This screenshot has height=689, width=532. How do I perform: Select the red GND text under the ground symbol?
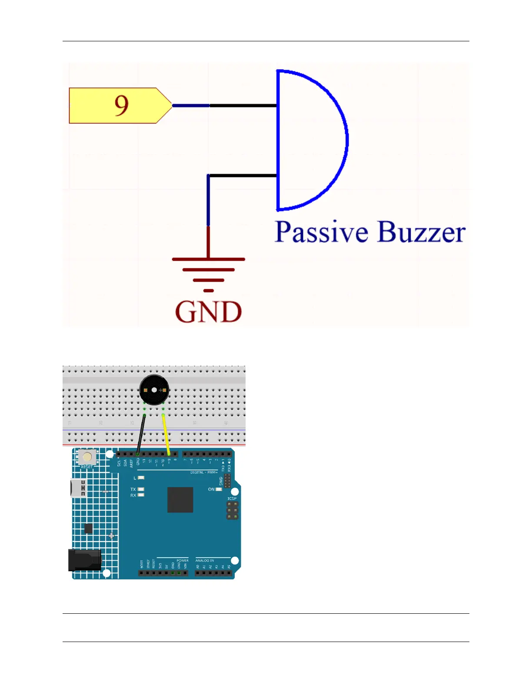pos(208,312)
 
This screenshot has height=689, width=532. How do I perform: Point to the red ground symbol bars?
pos(209,270)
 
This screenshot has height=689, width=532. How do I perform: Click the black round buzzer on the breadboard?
pos(154,390)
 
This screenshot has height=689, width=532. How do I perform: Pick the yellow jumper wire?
pos(166,435)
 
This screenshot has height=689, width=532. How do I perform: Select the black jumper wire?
pos(141,435)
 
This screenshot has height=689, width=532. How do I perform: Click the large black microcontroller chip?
pos(180,500)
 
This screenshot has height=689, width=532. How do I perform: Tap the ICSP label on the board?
pos(232,498)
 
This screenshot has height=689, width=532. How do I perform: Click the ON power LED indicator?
pos(219,489)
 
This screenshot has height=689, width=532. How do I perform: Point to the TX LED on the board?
pos(141,489)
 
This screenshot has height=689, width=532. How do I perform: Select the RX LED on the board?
pos(141,495)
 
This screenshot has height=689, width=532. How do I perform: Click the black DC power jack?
pos(85,560)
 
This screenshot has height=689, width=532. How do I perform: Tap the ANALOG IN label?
pos(205,560)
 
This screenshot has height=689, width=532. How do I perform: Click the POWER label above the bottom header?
pos(183,560)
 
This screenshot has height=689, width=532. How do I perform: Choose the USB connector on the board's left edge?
pos(79,488)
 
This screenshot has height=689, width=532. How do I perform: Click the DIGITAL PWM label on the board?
pos(203,472)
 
